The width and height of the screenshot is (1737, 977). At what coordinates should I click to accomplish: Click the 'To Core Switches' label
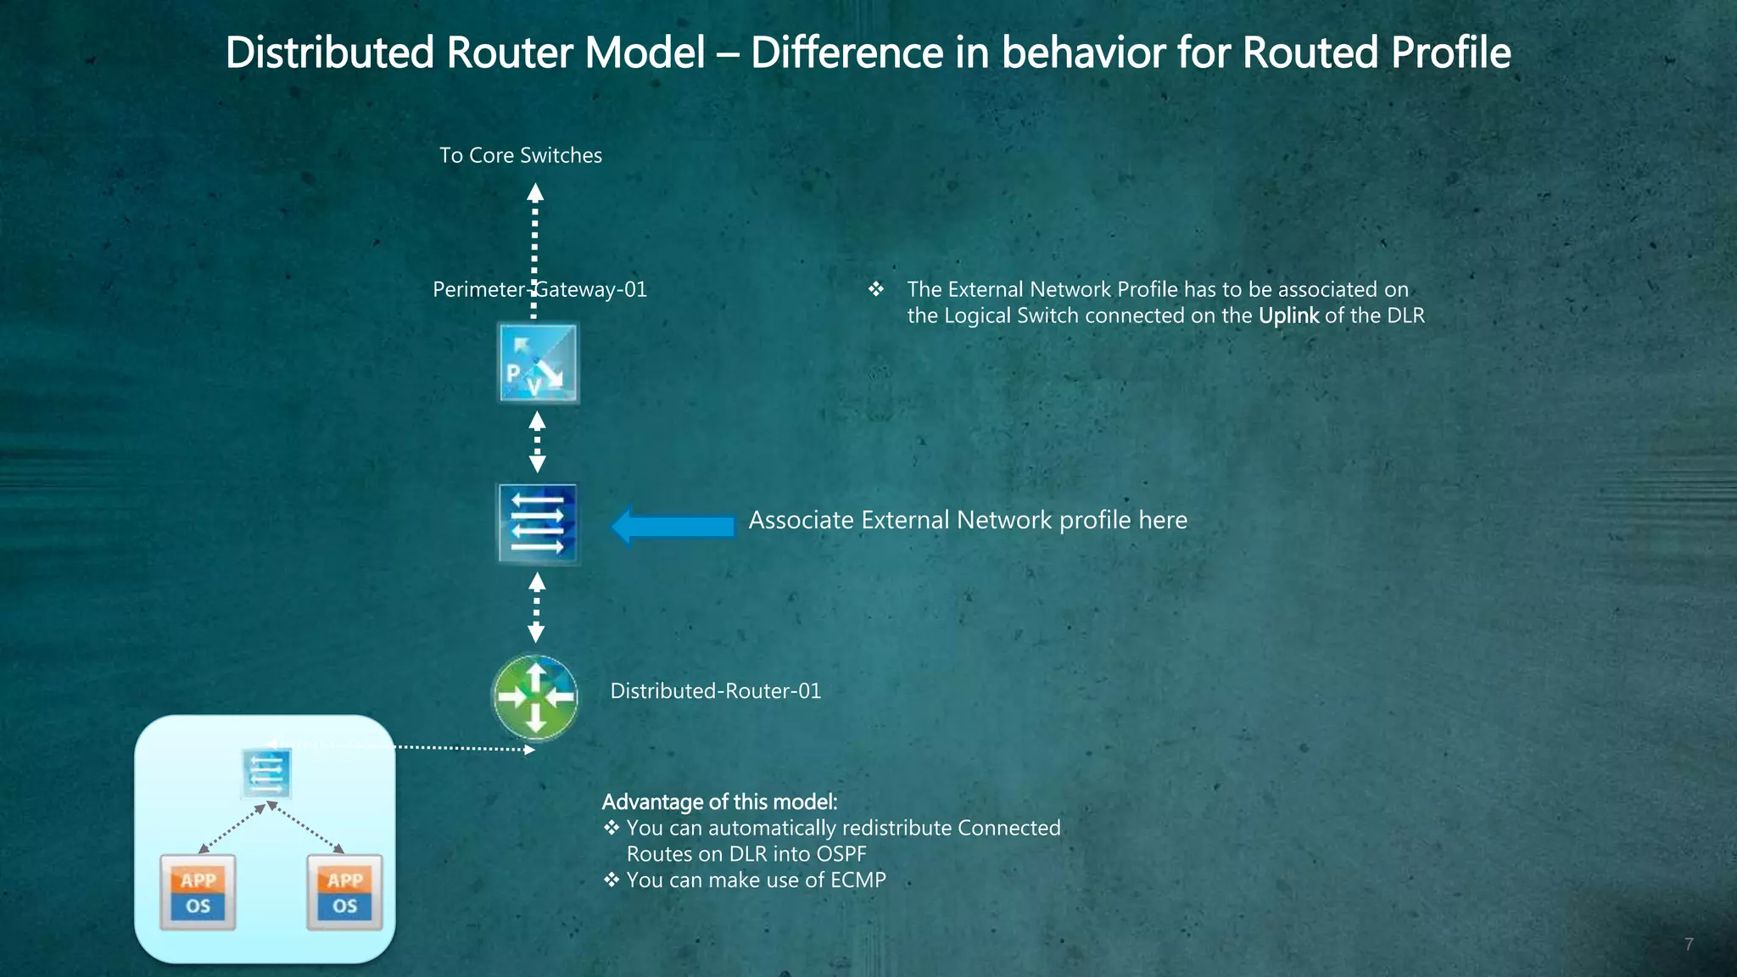pos(520,155)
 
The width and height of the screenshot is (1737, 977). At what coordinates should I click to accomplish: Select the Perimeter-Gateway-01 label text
pos(539,290)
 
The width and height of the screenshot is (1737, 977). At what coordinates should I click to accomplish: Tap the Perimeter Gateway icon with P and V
pos(538,363)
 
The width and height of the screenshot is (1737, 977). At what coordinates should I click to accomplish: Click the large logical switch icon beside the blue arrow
pos(538,523)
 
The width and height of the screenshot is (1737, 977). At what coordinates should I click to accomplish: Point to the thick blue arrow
pos(673,526)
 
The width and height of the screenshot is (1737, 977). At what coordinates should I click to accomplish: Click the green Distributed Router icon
pos(535,697)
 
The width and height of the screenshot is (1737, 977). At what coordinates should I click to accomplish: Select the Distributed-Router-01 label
pos(715,691)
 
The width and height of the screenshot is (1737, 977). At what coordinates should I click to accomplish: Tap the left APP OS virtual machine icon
pos(198,892)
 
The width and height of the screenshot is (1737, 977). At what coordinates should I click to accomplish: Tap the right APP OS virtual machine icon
pos(344,892)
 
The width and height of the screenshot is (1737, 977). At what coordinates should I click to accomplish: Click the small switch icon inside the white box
pos(266,773)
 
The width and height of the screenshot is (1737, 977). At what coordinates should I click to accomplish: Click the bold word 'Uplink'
pos(1288,316)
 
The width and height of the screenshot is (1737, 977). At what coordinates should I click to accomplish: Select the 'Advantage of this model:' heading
pos(719,801)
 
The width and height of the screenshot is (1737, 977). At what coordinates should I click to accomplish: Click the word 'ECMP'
pos(857,880)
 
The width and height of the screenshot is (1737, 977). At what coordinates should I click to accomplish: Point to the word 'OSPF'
pos(841,854)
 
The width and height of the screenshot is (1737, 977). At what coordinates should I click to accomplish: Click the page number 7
pos(1689,944)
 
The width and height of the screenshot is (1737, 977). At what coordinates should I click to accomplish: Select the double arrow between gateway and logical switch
pos(537,442)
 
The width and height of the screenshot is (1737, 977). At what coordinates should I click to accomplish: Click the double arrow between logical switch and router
pos(536,607)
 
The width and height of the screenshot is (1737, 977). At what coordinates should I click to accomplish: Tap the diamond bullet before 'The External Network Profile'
pos(876,290)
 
